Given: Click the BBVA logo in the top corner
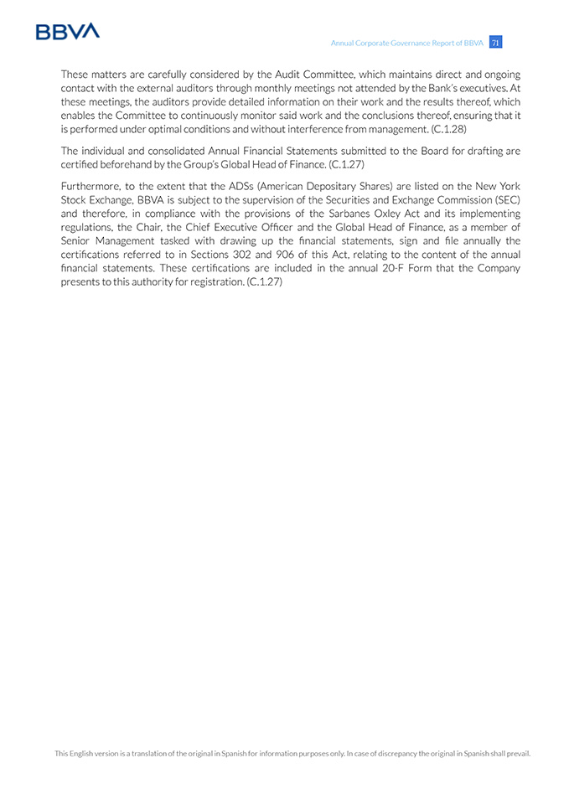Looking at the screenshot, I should click(67, 32).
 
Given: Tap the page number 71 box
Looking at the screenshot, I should click(496, 43).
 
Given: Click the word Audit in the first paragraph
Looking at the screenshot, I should click(289, 75).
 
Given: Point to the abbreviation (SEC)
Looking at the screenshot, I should click(504, 200).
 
